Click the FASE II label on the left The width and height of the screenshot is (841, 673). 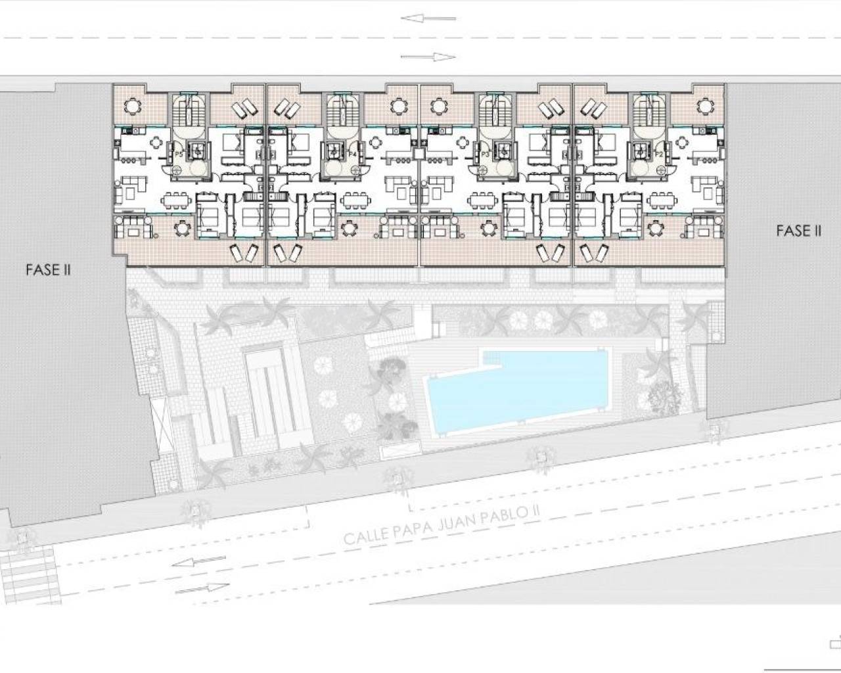(48, 269)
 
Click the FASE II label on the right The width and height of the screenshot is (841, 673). (798, 231)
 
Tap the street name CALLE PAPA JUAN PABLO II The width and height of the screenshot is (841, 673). (437, 526)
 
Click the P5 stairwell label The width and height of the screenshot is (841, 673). (178, 154)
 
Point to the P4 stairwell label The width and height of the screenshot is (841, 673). (353, 154)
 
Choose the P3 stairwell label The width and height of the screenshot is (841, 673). (486, 154)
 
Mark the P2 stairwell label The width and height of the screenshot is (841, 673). (659, 154)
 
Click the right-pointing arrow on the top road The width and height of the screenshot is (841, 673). (428, 57)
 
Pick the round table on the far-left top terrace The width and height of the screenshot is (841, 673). (133, 105)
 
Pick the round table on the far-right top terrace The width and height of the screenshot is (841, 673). (704, 105)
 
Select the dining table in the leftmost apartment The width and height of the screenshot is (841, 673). (175, 200)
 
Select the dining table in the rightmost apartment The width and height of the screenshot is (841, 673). (663, 200)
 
